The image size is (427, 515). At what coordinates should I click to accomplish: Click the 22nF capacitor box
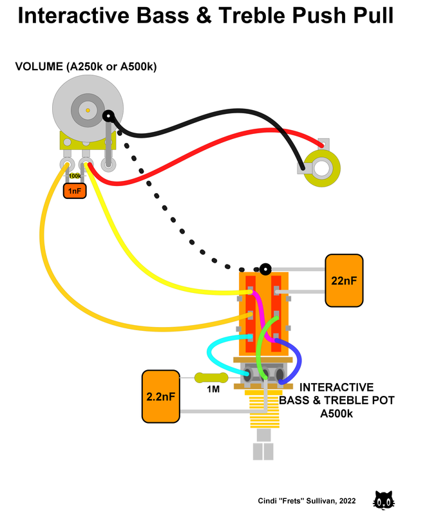pyautogui.click(x=344, y=280)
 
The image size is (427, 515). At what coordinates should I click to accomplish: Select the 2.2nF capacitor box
pyautogui.click(x=160, y=396)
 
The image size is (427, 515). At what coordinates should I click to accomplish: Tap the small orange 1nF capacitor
pyautogui.click(x=74, y=191)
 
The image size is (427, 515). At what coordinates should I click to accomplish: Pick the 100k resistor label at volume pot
pyautogui.click(x=75, y=176)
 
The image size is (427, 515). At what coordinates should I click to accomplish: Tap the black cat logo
pyautogui.click(x=384, y=500)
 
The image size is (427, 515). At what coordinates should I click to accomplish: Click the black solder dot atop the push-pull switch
pyautogui.click(x=265, y=267)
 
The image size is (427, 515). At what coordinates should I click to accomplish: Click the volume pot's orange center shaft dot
pyautogui.click(x=88, y=111)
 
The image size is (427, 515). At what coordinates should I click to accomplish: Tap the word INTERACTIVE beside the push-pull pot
pyautogui.click(x=336, y=388)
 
